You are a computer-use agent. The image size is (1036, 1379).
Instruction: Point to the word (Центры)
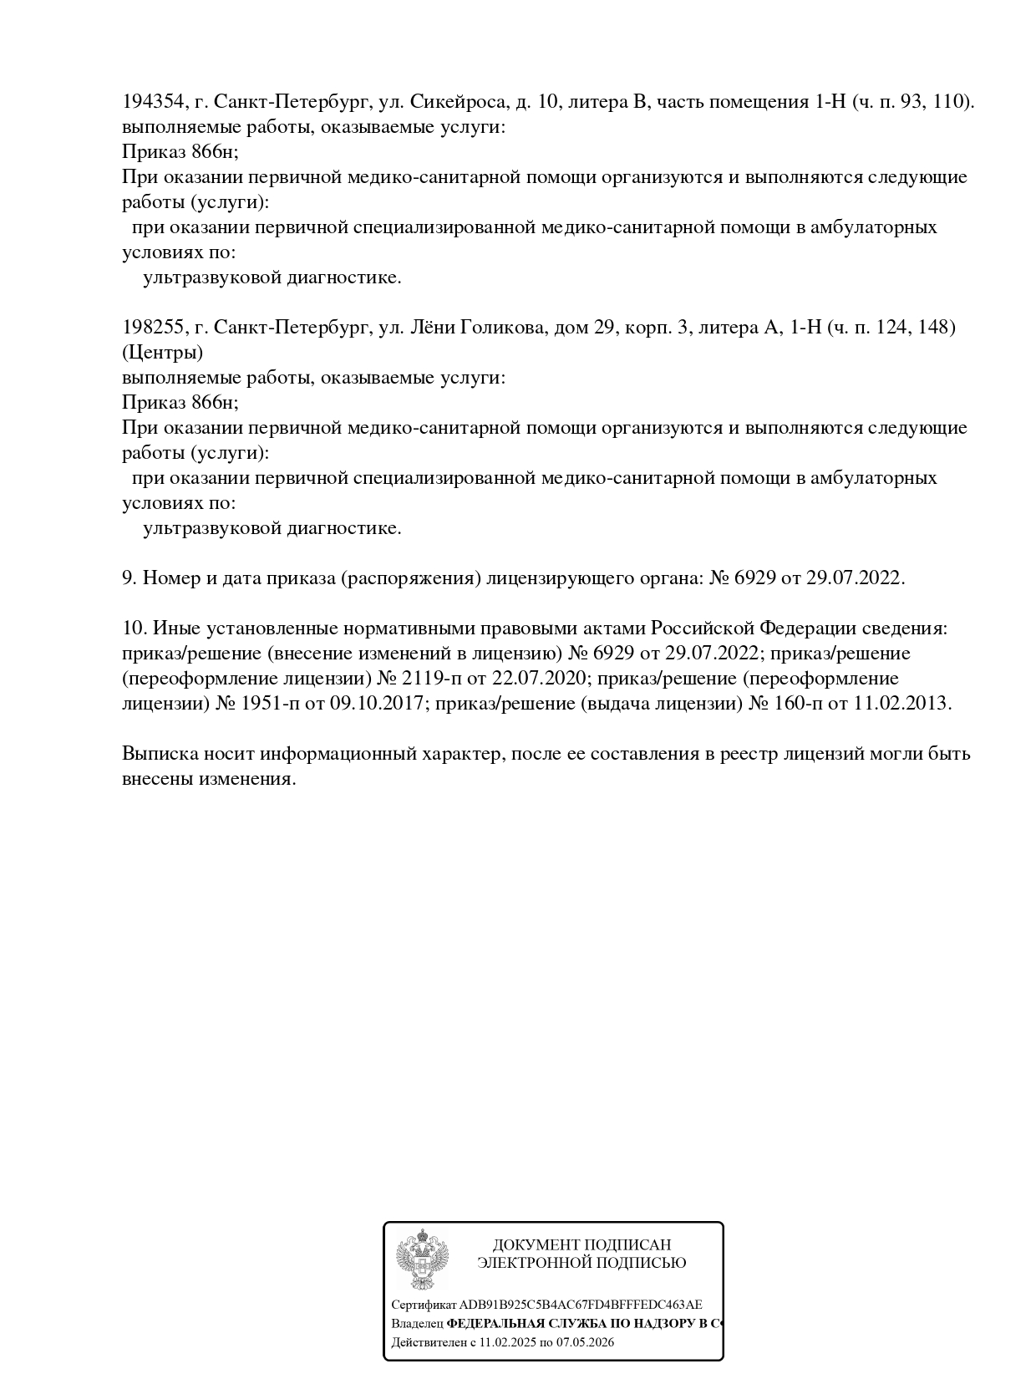coord(162,353)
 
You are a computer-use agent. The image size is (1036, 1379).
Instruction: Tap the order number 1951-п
coord(272,703)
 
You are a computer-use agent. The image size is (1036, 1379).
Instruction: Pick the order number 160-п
coord(798,703)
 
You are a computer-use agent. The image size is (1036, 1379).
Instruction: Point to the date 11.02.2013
coord(901,703)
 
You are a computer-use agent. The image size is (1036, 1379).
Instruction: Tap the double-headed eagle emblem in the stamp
coord(423,1259)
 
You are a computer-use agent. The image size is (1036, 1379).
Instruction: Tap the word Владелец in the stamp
coord(417,1324)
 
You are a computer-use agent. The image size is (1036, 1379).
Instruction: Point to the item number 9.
coord(129,578)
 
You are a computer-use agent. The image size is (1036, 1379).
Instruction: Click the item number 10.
coord(134,628)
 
